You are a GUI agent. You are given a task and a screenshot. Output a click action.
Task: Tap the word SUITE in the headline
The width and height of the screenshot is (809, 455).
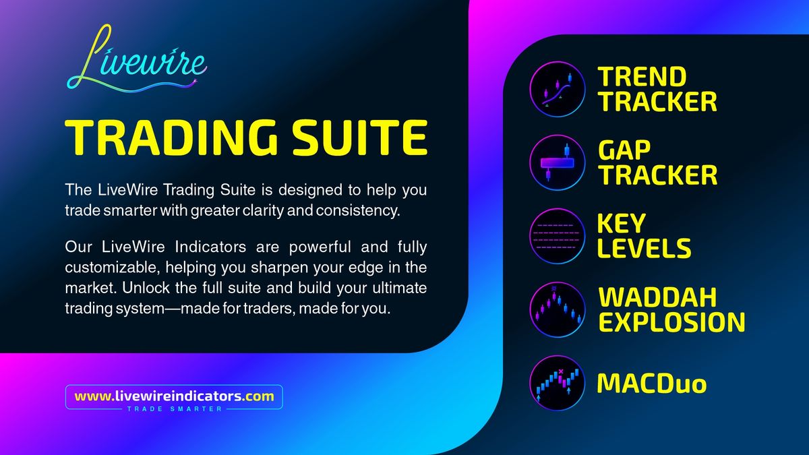360,138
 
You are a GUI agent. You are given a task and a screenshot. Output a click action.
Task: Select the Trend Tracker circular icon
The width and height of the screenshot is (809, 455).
558,89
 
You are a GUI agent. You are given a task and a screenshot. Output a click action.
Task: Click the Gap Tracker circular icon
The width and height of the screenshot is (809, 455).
558,162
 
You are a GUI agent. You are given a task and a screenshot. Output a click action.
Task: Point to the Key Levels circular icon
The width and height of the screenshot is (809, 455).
558,236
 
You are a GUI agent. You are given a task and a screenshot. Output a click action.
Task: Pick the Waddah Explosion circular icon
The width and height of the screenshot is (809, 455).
558,309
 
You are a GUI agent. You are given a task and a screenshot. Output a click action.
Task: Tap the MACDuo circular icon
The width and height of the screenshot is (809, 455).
558,383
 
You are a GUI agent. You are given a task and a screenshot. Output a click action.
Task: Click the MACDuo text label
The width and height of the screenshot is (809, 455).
652,384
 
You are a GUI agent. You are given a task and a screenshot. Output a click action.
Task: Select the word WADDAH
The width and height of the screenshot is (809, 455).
657,297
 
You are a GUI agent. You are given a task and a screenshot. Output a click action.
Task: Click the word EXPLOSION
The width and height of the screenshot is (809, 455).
671,322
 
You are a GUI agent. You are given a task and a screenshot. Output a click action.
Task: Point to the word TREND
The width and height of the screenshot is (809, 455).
642,77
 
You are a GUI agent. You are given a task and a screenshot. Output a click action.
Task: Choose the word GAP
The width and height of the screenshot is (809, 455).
624,150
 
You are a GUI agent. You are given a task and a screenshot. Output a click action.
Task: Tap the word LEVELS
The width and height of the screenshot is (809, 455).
644,248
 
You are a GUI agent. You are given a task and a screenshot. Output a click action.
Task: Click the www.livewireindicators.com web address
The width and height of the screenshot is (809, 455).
174,396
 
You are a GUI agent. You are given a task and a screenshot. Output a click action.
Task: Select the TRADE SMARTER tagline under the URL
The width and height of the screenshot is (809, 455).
175,408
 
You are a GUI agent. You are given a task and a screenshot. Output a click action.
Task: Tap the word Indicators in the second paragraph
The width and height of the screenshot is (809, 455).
210,247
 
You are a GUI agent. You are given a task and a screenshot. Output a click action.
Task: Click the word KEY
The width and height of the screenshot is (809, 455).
621,224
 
